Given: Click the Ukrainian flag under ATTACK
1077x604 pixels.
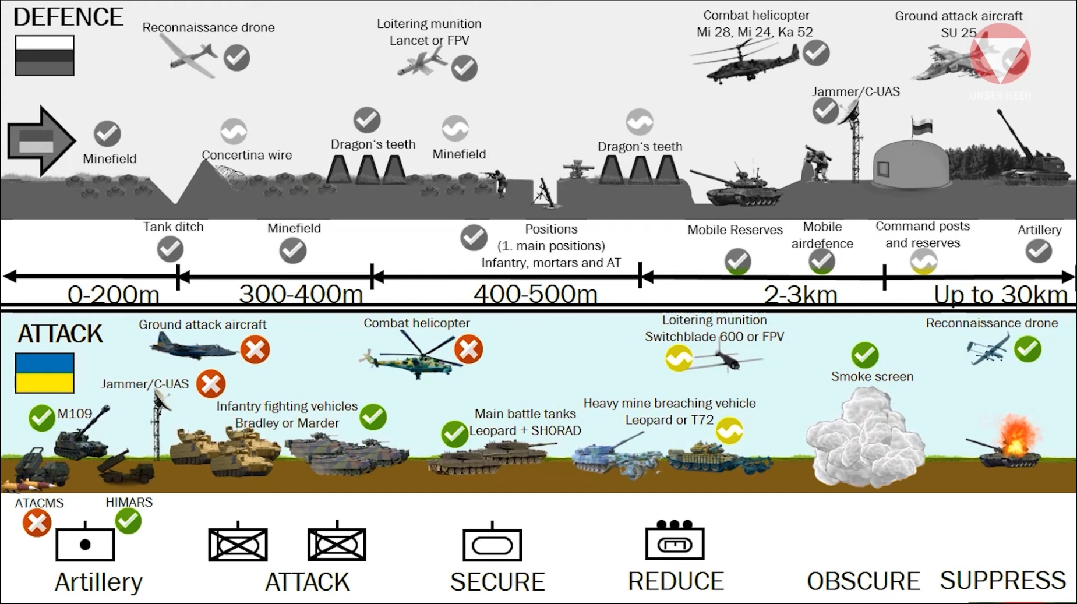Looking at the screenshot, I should [45, 373].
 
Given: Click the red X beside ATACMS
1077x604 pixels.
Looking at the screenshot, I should [37, 523].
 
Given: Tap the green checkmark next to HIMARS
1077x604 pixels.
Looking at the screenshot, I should [128, 521].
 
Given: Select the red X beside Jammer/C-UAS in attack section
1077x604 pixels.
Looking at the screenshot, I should [211, 384].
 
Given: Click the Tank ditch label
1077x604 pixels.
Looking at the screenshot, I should [174, 227].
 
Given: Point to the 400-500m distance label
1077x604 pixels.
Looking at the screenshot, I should [535, 294].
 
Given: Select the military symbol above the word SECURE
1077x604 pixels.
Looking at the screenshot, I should [492, 543].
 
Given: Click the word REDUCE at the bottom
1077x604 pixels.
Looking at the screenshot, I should [676, 581].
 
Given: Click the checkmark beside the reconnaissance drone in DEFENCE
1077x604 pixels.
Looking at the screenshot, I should [236, 58].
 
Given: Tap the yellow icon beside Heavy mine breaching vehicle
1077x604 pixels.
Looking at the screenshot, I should [729, 431].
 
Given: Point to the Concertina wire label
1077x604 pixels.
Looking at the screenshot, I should [247, 155].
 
